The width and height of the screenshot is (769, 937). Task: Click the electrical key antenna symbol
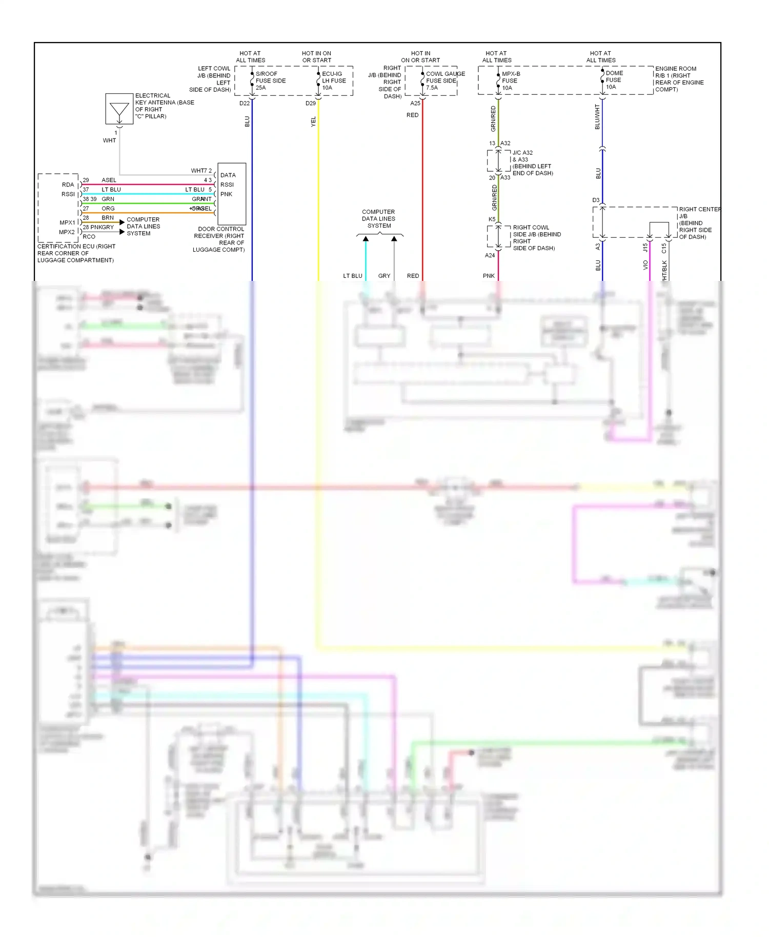click(119, 109)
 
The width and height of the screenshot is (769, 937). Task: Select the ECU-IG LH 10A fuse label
click(334, 80)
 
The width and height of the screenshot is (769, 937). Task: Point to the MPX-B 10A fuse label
click(510, 80)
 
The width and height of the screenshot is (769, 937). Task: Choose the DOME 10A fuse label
click(614, 80)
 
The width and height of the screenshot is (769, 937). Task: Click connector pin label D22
click(245, 103)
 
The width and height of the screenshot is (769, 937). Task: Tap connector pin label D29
click(311, 103)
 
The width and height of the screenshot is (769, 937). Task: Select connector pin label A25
click(415, 103)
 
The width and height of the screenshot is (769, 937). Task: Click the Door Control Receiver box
click(232, 194)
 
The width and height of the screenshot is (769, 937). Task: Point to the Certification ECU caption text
click(76, 253)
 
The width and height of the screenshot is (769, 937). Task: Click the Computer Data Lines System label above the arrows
click(378, 219)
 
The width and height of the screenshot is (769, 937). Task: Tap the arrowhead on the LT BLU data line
click(366, 239)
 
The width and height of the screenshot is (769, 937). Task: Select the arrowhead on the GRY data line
click(394, 239)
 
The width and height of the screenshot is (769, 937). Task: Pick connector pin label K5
click(492, 219)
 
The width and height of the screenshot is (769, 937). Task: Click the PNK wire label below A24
click(489, 276)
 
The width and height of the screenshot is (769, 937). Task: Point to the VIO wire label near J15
click(645, 265)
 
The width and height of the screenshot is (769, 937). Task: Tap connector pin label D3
click(596, 200)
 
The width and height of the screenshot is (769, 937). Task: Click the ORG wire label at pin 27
click(108, 209)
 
